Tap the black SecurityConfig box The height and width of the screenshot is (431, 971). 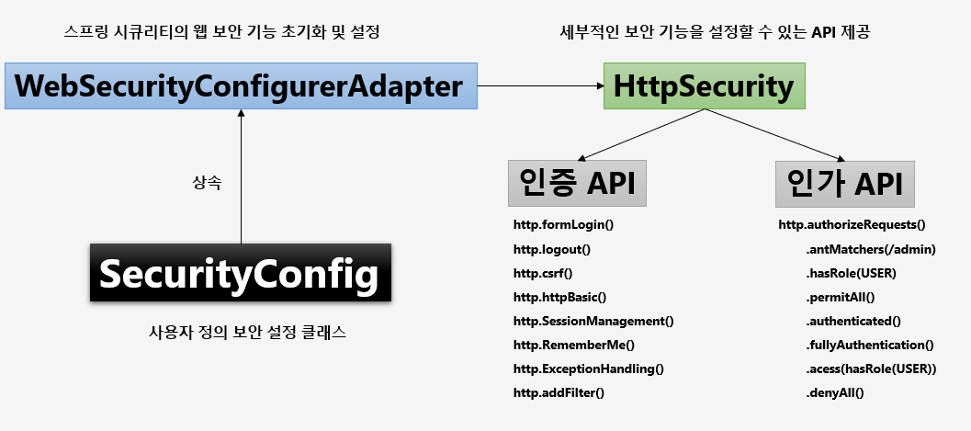click(241, 273)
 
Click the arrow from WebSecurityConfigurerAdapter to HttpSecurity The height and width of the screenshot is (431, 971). click(540, 86)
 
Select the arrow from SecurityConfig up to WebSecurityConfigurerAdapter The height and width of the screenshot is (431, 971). click(241, 175)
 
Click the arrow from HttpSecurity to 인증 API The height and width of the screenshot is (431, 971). click(643, 133)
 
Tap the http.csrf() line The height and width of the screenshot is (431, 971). click(543, 273)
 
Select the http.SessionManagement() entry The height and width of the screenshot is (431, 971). click(593, 321)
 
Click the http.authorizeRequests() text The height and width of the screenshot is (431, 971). click(852, 224)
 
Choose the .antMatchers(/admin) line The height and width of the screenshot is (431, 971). click(871, 249)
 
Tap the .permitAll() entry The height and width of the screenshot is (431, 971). click(841, 297)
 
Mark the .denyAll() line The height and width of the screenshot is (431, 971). click(836, 392)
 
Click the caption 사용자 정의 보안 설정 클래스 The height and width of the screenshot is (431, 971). click(247, 333)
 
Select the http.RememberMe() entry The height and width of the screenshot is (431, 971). click(574, 345)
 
